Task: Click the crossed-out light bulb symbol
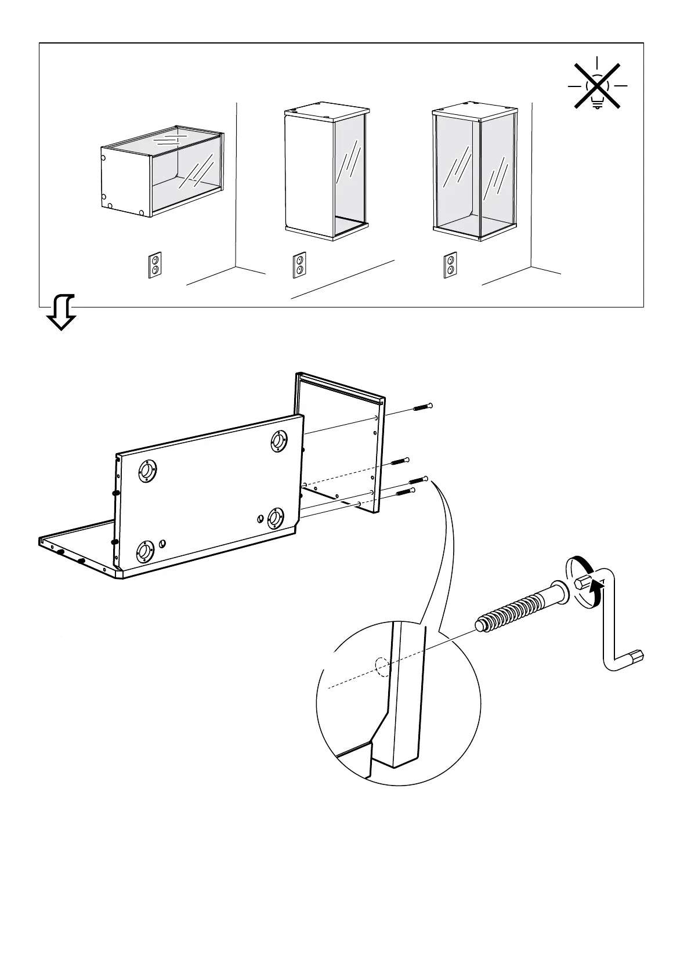(x=597, y=87)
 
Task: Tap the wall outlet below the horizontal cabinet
(x=155, y=265)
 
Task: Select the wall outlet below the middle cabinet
(x=299, y=265)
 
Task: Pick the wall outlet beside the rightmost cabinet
(x=450, y=265)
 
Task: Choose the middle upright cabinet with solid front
(x=326, y=172)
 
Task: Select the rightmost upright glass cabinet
(x=475, y=172)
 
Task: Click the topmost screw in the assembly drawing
(x=423, y=407)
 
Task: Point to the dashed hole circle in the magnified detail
(x=382, y=667)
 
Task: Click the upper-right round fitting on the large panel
(x=279, y=441)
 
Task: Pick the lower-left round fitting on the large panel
(x=144, y=552)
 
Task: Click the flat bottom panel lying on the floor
(x=81, y=548)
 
